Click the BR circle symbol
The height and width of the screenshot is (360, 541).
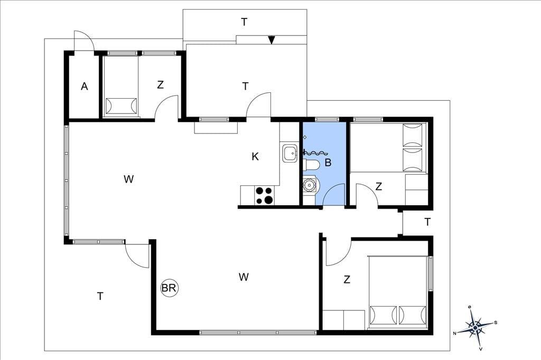pyautogui.click(x=169, y=288)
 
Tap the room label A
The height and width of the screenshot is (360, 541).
pyautogui.click(x=84, y=86)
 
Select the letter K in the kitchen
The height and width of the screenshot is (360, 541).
pyautogui.click(x=255, y=157)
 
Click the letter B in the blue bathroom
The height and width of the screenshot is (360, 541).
pyautogui.click(x=328, y=162)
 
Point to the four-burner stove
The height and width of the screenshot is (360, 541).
pyautogui.click(x=264, y=195)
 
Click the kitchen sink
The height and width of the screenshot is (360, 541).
pyautogui.click(x=290, y=154)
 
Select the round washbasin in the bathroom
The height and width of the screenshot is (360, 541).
pyautogui.click(x=310, y=185)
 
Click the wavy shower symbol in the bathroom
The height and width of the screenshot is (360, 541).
pyautogui.click(x=315, y=152)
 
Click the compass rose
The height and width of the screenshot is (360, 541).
pyautogui.click(x=475, y=327)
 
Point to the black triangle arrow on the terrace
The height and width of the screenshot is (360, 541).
pyautogui.click(x=272, y=40)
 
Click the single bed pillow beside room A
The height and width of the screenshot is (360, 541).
pyautogui.click(x=121, y=106)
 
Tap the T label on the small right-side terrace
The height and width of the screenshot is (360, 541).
pyautogui.click(x=427, y=222)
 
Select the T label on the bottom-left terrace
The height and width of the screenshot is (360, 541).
pyautogui.click(x=100, y=296)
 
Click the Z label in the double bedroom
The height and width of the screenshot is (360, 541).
pyautogui.click(x=347, y=279)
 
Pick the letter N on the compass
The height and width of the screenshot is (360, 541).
pyautogui.click(x=455, y=333)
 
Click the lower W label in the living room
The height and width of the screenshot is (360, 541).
pyautogui.click(x=244, y=277)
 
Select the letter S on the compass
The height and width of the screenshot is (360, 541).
pyautogui.click(x=496, y=323)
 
